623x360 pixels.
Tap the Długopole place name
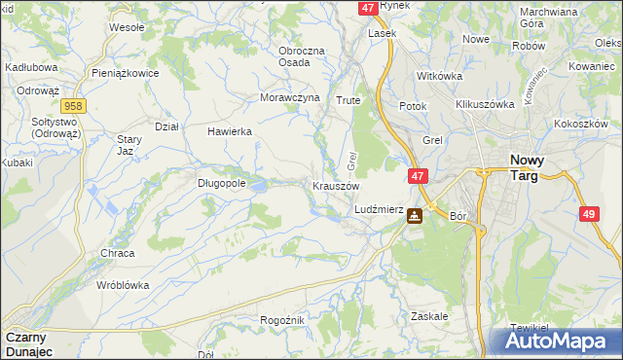221,181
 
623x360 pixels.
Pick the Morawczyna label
290,98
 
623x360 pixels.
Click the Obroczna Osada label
307,55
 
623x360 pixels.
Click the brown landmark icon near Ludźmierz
415,216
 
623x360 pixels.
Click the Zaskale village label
428,316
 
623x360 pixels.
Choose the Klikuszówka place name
484,103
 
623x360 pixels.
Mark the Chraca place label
118,253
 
